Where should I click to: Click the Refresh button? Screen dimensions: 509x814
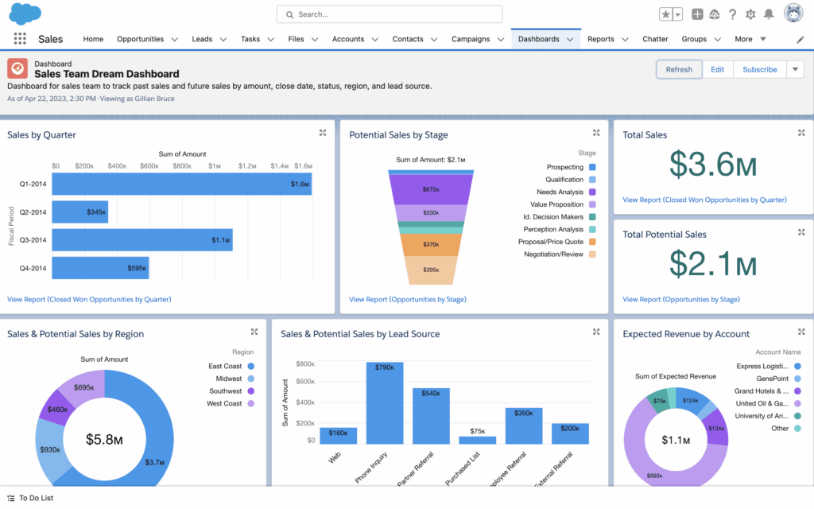click(679, 69)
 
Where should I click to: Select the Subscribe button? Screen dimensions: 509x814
click(759, 69)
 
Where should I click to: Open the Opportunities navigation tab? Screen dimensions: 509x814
click(141, 39)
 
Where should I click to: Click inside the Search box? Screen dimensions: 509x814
click(390, 14)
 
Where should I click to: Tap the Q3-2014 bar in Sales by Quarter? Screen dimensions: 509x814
click(142, 240)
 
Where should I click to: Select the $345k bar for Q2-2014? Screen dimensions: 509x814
click(79, 212)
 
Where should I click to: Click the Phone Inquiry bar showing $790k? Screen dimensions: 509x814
click(384, 402)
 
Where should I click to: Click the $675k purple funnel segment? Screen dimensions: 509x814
click(431, 189)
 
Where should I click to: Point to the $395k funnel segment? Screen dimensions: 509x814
click(431, 270)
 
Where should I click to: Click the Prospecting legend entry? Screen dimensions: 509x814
click(565, 167)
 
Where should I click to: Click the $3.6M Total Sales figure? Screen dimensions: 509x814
click(712, 165)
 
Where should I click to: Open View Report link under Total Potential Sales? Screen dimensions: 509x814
click(680, 300)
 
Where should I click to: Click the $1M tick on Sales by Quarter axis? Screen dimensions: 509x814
click(215, 166)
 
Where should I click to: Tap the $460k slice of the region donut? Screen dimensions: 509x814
click(58, 408)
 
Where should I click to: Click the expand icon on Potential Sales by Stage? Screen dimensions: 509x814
click(596, 133)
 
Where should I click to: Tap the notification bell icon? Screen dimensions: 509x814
click(768, 14)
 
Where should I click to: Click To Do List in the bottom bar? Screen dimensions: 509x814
click(36, 498)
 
